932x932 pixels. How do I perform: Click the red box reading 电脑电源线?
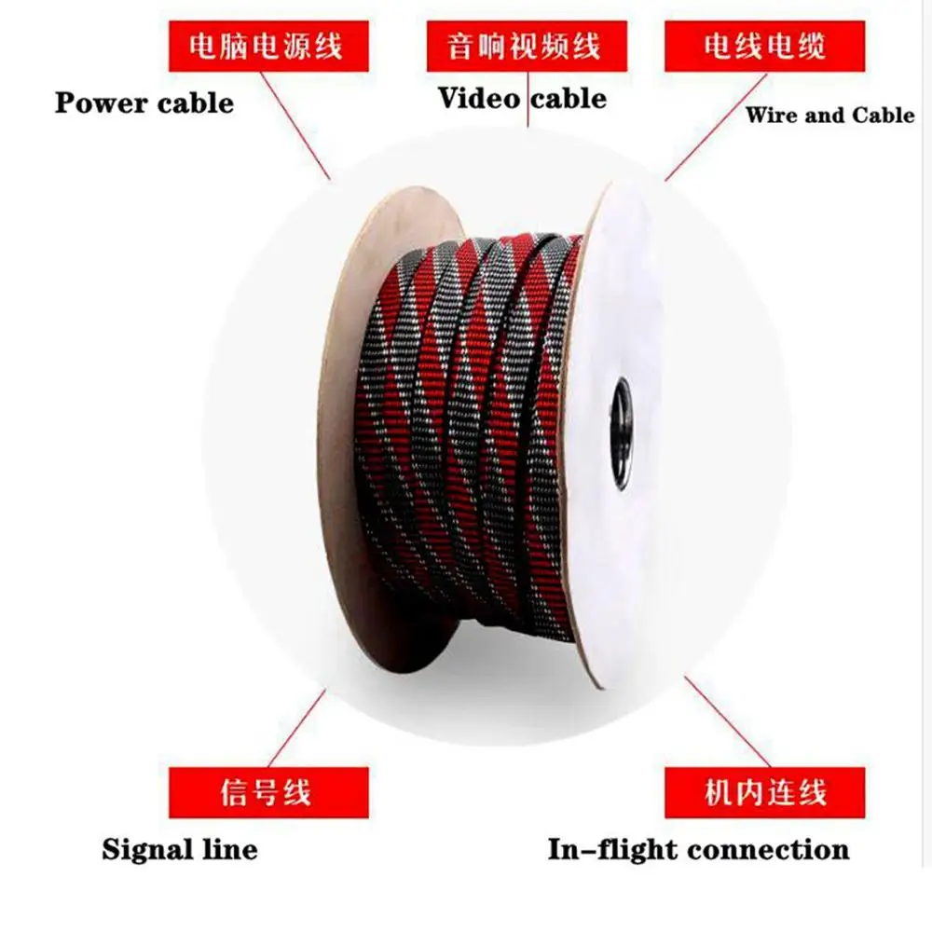(x=265, y=47)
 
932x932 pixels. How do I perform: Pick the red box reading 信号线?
(x=265, y=793)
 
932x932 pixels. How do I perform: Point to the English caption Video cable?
(x=523, y=97)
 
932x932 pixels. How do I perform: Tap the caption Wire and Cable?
(x=829, y=116)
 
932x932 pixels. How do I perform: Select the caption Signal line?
(x=180, y=850)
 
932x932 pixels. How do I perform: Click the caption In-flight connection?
(x=698, y=850)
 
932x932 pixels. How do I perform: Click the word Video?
(x=479, y=97)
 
